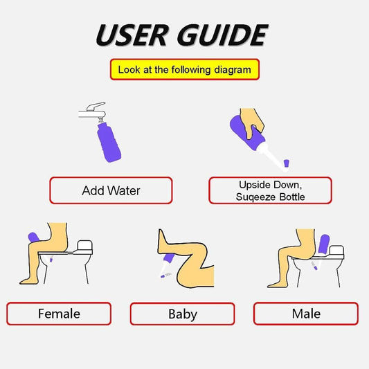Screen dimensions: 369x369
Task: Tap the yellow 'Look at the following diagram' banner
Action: point(184,70)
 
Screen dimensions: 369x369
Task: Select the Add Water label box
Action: point(111,190)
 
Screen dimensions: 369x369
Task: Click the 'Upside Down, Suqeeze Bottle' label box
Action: point(270,190)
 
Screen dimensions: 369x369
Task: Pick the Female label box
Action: point(59,314)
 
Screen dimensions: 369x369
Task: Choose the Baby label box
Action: point(183,314)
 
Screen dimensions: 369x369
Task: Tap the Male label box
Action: point(305,314)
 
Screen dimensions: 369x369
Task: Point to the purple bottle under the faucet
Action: point(111,142)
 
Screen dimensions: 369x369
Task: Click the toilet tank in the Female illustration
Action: point(84,246)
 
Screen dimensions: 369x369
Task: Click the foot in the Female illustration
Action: point(29,280)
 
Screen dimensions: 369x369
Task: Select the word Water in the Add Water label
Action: point(125,190)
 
